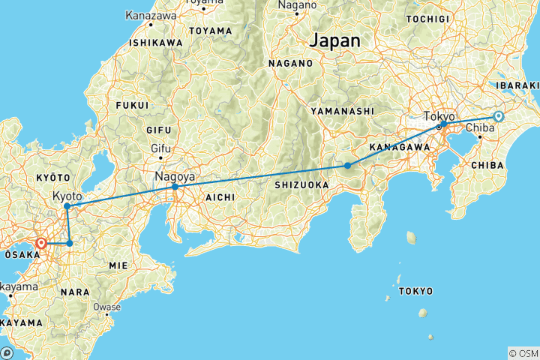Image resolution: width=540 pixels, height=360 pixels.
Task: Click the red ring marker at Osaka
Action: click(x=41, y=243)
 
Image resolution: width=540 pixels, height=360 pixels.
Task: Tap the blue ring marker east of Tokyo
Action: click(x=499, y=116)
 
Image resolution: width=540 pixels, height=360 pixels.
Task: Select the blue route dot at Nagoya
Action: click(x=175, y=187)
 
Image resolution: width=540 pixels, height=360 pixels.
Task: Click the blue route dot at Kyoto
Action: click(x=67, y=205)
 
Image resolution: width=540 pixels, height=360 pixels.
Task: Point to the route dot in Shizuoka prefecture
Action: click(x=347, y=165)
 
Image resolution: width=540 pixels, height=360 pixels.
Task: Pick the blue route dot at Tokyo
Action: click(x=443, y=124)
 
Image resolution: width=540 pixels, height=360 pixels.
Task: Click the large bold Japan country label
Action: click(x=335, y=40)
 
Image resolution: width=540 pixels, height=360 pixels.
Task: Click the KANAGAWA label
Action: click(x=399, y=147)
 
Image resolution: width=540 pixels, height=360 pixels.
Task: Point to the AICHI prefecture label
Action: click(x=218, y=196)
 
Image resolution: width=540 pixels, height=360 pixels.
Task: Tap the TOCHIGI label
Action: click(x=430, y=19)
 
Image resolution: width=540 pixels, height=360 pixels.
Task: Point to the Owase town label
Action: click(x=106, y=307)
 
